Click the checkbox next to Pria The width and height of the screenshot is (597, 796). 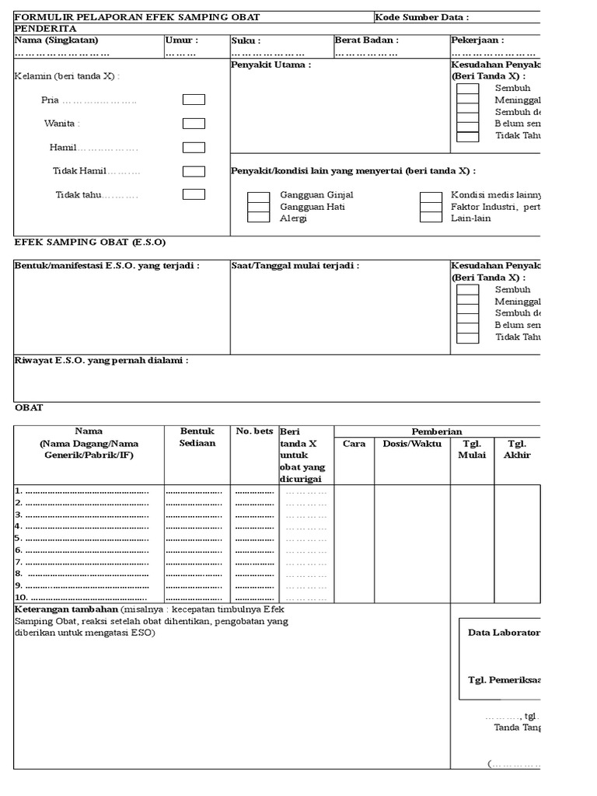(x=194, y=99)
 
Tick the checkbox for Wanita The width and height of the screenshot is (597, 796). (x=194, y=124)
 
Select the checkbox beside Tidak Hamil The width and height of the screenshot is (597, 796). (x=194, y=172)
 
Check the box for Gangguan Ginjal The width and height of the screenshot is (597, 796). (x=258, y=196)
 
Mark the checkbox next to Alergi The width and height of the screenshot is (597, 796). (x=258, y=218)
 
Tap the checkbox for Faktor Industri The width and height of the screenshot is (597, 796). (x=431, y=207)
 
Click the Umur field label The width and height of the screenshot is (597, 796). (x=182, y=40)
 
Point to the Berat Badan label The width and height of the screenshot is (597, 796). (x=366, y=40)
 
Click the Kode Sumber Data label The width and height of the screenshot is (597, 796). (x=422, y=17)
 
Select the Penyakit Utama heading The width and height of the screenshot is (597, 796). (x=271, y=65)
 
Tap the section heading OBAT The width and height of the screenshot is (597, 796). (x=29, y=407)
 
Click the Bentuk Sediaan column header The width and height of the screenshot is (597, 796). (x=197, y=437)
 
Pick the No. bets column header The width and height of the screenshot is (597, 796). (x=254, y=431)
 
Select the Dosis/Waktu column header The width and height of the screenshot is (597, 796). (x=412, y=444)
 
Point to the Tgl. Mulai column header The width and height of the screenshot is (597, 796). (x=472, y=449)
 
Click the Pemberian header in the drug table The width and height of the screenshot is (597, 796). (x=436, y=431)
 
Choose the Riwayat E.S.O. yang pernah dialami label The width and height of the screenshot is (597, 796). (x=101, y=360)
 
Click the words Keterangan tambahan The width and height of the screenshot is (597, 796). (x=67, y=610)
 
